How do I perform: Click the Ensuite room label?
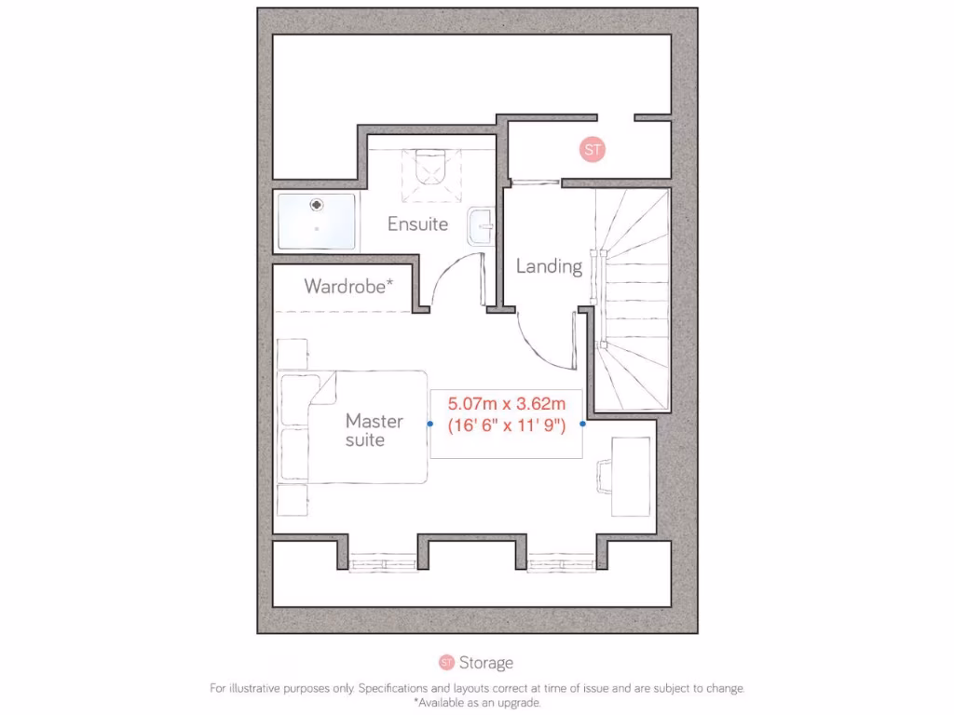point(417,224)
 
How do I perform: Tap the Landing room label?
point(549,266)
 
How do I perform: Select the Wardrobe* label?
point(348,287)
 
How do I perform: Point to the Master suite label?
point(374,430)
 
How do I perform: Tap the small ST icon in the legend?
point(446,663)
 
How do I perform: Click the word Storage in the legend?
point(485,663)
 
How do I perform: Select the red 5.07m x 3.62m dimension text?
point(506,405)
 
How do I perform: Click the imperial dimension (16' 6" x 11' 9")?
point(506,425)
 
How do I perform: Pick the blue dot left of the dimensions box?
point(429,424)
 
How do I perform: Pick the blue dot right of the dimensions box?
point(582,424)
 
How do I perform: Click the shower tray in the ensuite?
point(317,221)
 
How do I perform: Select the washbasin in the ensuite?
point(481,226)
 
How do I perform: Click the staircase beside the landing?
point(634,298)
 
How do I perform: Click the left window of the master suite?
point(383,561)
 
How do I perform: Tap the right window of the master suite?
point(562,561)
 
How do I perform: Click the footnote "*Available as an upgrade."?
point(477,703)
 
